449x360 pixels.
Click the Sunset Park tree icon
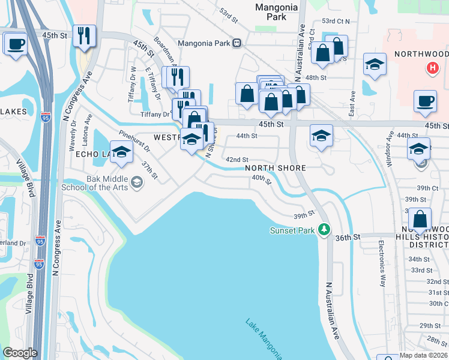[324, 229]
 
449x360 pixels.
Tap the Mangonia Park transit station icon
[238, 43]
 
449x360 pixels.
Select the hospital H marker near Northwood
[431, 68]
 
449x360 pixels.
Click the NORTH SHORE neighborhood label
[276, 168]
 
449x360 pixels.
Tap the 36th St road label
[348, 237]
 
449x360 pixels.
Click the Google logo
[19, 353]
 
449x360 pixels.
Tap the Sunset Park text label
[292, 230]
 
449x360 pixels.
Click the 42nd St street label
[237, 160]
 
